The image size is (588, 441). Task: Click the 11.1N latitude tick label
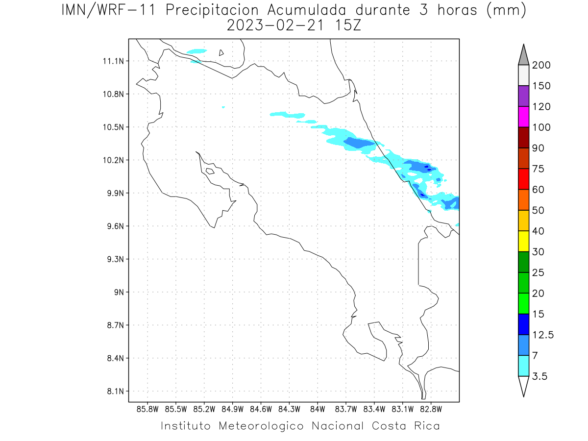tap(111, 61)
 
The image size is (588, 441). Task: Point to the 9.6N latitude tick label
tap(111, 226)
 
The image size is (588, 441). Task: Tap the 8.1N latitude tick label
tap(111, 392)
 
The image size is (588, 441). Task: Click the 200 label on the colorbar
tap(541, 65)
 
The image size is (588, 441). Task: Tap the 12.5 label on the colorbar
tap(543, 335)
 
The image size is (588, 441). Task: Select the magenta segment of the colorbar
tap(523, 117)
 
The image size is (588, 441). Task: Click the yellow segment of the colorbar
tap(523, 241)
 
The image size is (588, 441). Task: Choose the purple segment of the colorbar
tap(523, 96)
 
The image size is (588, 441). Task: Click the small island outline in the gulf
tap(210, 171)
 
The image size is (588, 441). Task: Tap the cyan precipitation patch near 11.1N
tap(197, 51)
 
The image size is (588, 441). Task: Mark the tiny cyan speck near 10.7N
tap(223, 107)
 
